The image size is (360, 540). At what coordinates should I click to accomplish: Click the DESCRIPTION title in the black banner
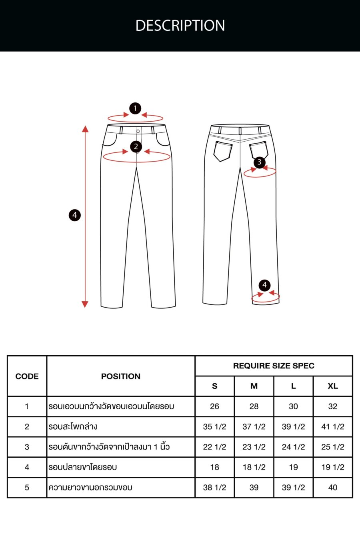pos(180,26)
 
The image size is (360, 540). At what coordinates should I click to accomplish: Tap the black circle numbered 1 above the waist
pos(135,108)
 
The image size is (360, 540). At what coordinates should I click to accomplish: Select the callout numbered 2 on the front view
pos(136,146)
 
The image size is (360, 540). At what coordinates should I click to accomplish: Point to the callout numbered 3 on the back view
pos(259,162)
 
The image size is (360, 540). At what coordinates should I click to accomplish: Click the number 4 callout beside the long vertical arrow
pos(74,215)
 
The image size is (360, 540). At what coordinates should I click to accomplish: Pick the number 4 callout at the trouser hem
pos(264,285)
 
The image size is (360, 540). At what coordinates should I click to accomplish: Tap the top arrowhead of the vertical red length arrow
pos(85,129)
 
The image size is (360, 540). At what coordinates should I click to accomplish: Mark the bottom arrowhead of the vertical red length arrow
pos(85,304)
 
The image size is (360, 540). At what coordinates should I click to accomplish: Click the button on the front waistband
pos(138,131)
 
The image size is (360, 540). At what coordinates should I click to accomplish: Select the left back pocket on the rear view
pos(222,151)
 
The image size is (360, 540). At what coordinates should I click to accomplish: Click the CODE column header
pos(27,376)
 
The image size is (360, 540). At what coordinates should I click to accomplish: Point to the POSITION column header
pos(121,376)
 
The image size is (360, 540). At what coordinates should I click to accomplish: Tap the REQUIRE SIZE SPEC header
pos(274,366)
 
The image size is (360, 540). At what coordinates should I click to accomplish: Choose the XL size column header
pos(333,386)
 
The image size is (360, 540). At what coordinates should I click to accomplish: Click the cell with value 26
pos(214,406)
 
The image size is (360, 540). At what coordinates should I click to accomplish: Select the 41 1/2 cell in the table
pos(333,427)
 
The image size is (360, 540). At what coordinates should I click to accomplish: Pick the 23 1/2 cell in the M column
pos(254,447)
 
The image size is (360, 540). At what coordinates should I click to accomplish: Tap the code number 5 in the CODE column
pos(27,488)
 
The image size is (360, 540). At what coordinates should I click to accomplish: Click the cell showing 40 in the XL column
pos(333,488)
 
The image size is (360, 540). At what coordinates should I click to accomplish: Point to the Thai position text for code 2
pos(73,427)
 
